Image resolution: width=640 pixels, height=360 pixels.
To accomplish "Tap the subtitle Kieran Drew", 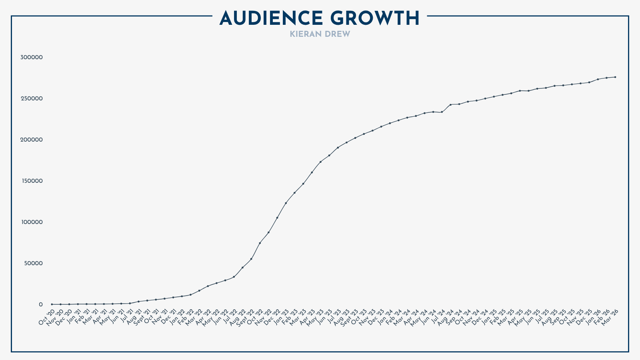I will [x=320, y=34].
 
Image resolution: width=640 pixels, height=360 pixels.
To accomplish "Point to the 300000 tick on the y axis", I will [x=32, y=58].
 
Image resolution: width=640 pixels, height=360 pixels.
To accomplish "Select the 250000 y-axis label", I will [x=32, y=99].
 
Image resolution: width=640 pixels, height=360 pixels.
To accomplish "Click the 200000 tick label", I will [x=32, y=140].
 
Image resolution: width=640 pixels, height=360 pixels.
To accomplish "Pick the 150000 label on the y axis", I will [x=32, y=181].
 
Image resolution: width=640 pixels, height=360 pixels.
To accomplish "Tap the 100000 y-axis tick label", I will [x=32, y=222].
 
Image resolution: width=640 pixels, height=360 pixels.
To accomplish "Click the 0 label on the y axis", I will [x=40, y=305].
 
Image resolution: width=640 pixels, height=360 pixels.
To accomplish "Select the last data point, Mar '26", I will [x=615, y=77].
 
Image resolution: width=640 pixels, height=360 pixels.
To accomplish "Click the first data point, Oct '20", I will [x=52, y=304].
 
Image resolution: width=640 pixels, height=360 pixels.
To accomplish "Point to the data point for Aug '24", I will [x=450, y=105].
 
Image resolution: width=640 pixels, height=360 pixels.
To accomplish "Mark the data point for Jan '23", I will [x=286, y=203].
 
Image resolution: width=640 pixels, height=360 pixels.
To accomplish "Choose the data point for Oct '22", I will [x=260, y=243].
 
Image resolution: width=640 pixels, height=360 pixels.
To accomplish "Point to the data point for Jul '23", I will [x=338, y=148].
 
